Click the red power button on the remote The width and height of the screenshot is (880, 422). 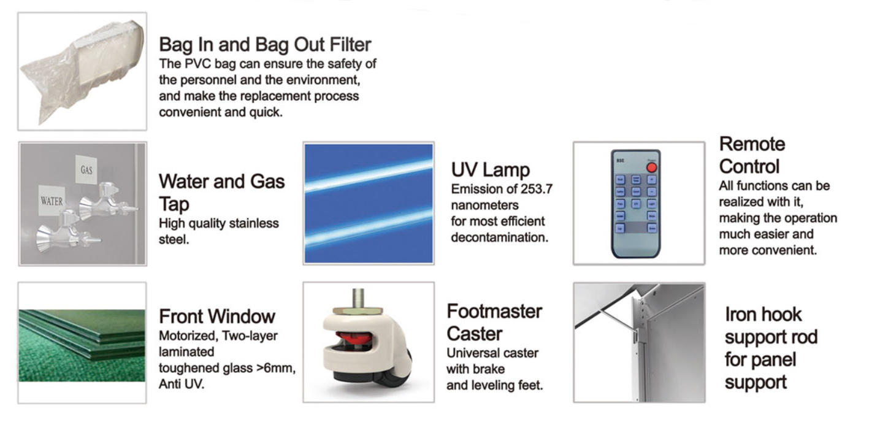651,168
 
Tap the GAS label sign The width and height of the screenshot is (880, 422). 86,170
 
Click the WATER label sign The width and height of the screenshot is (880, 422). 52,201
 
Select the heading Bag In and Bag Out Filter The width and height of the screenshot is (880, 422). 265,44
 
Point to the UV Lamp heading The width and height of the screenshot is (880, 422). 491,170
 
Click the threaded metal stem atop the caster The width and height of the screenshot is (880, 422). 358,298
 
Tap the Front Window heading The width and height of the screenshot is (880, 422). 217,316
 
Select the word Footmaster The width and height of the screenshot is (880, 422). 494,312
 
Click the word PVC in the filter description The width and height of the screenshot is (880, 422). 198,64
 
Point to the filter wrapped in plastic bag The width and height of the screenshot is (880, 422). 83,71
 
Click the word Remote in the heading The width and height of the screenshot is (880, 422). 752,144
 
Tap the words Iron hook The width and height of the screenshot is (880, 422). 763,314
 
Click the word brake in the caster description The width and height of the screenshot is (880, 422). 489,369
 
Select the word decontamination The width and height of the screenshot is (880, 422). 499,237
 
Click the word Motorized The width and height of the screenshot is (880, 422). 188,336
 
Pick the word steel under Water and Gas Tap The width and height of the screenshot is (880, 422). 174,239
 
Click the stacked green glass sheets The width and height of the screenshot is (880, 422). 82,334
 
